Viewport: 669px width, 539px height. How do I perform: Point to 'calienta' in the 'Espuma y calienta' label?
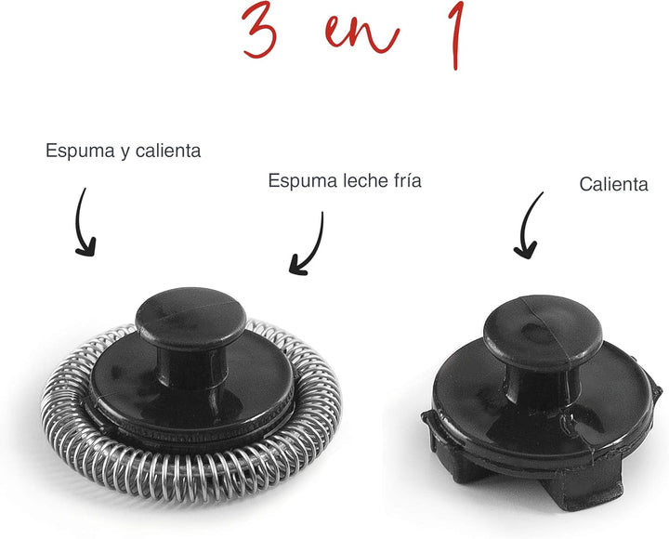167,150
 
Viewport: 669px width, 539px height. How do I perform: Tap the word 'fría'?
405,180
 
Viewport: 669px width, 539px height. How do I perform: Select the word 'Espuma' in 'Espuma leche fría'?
299,180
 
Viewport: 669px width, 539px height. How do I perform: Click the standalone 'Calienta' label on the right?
613,184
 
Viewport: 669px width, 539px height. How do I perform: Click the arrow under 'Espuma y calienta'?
83,222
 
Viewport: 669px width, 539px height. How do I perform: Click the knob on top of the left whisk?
190,321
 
